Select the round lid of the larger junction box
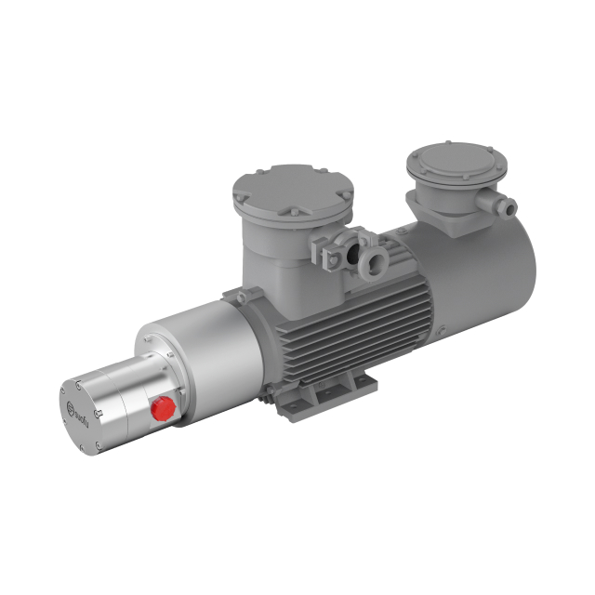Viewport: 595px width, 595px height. click(292, 186)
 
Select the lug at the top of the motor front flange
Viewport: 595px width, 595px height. click(244, 295)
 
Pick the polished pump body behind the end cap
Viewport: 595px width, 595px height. click(121, 395)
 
